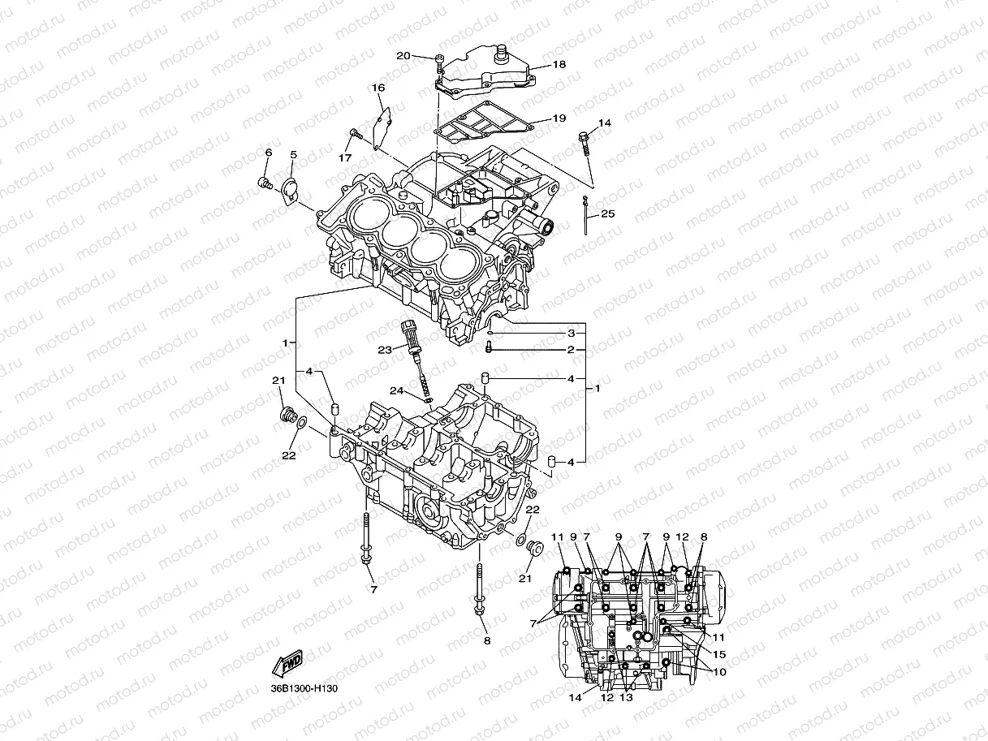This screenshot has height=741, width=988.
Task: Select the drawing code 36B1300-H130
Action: coord(304,689)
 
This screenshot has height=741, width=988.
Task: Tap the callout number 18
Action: coord(559,64)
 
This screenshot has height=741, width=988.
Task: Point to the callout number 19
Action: coord(559,118)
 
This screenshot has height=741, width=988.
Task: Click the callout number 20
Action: coord(403,56)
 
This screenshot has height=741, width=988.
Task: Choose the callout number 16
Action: coord(378,88)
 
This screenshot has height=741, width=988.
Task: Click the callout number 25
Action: coord(609,215)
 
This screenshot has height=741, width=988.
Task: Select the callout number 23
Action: coord(384,350)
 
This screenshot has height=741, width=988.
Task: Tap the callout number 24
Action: coord(396,390)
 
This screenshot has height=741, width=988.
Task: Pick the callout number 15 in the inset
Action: coord(719,654)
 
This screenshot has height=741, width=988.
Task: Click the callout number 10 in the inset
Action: coord(719,672)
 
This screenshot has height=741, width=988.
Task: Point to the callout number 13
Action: coord(626,697)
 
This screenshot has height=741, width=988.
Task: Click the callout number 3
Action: coord(571,334)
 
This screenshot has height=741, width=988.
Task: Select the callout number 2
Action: coord(571,350)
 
